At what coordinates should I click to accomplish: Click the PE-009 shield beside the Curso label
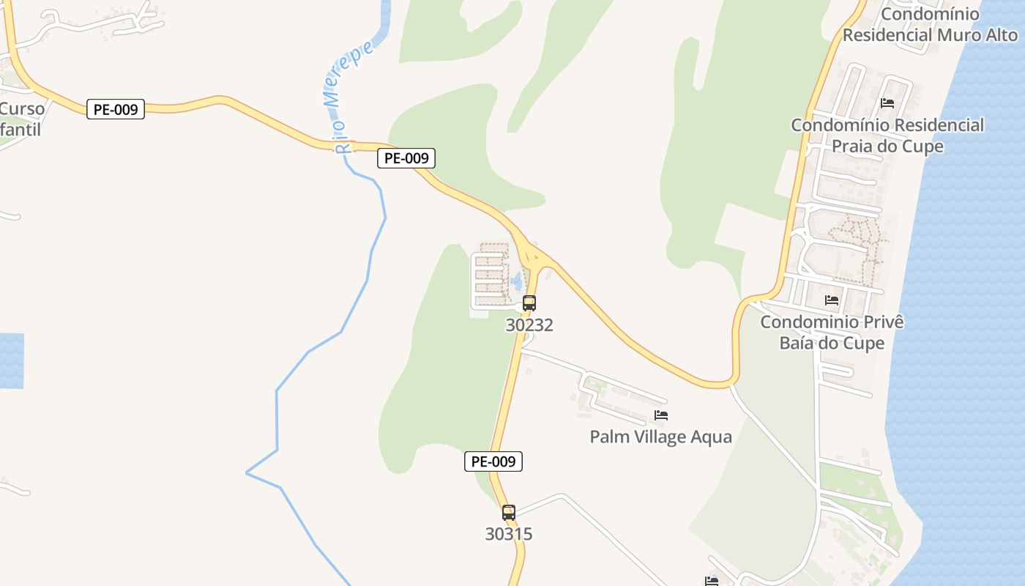(116, 110)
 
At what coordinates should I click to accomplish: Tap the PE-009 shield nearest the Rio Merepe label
(406, 157)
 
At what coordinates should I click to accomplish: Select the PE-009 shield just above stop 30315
(493, 461)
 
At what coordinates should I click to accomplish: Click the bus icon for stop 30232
(529, 303)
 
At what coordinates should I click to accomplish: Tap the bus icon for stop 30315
(509, 513)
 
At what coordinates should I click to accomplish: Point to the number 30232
(529, 324)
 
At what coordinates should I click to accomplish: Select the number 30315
(509, 534)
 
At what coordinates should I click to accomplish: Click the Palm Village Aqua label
(660, 437)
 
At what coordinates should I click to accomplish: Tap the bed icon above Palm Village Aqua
(661, 415)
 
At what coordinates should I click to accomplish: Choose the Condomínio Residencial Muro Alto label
(930, 24)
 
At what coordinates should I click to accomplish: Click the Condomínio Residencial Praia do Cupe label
(887, 136)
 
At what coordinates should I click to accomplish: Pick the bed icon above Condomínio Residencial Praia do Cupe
(887, 103)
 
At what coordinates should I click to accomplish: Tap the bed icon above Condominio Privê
(832, 300)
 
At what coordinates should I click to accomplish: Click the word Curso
(22, 109)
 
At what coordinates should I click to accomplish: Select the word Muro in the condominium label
(955, 34)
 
